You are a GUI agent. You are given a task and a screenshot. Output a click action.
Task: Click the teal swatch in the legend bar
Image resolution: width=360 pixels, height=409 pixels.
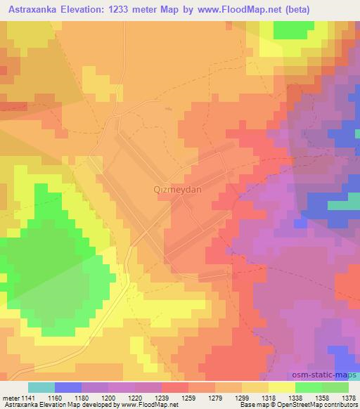[41, 387]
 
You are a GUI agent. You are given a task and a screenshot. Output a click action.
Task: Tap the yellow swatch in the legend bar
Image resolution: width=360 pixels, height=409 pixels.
[281, 387]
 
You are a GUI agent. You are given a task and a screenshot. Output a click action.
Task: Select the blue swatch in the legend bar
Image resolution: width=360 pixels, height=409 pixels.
[68, 387]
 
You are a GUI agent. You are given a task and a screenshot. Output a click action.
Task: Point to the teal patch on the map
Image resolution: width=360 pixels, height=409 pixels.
[343, 206]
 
